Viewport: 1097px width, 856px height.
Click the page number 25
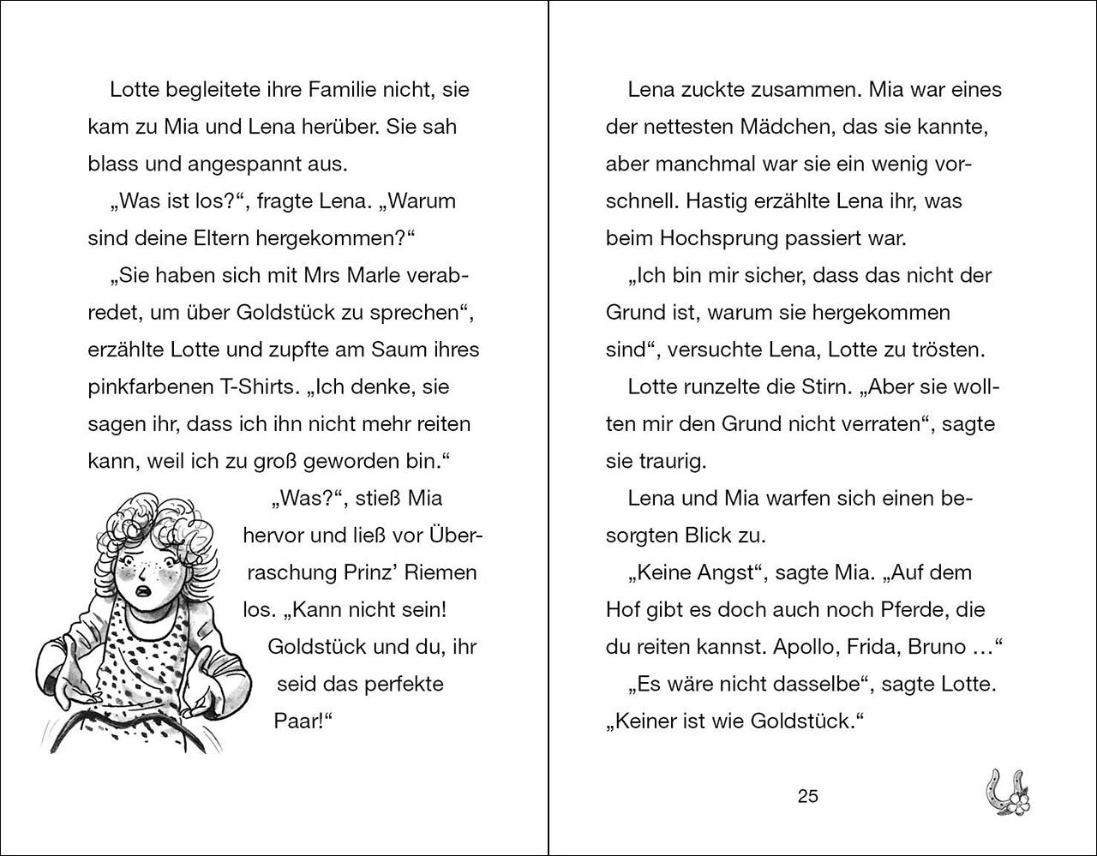(807, 796)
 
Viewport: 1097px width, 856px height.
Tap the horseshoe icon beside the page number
(1006, 789)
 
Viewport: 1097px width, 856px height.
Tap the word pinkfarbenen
(146, 386)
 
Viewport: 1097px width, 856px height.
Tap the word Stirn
(828, 386)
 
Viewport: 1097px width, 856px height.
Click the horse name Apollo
(805, 647)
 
